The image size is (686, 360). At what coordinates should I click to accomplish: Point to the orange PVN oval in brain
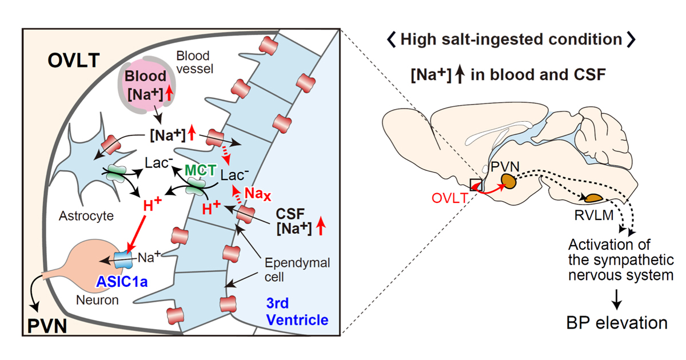[x=508, y=181]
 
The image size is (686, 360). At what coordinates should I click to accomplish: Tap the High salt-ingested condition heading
[x=509, y=40]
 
